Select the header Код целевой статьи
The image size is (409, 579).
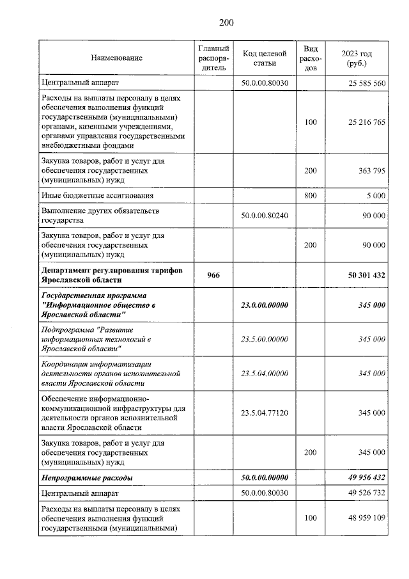(265, 58)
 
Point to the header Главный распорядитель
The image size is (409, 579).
(213, 58)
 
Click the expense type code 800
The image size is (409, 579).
(310, 195)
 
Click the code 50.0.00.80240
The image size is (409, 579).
(265, 216)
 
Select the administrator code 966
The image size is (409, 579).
(213, 274)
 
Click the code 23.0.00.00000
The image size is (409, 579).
(265, 305)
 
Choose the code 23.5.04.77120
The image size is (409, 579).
(265, 413)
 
